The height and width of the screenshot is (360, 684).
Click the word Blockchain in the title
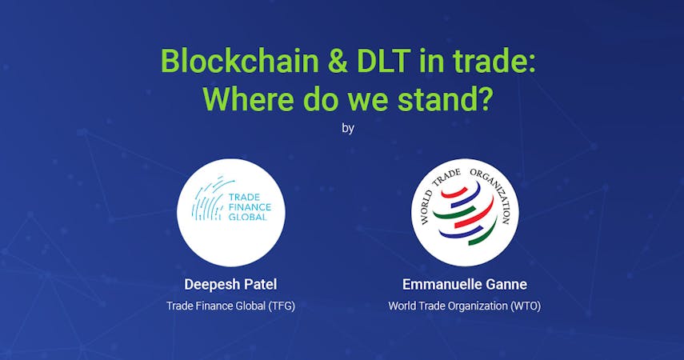point(240,60)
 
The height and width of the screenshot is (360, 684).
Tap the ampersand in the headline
point(338,61)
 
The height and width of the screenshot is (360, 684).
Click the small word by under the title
point(348,128)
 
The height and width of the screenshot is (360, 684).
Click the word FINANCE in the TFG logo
point(250,207)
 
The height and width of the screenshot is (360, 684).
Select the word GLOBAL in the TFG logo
point(247,217)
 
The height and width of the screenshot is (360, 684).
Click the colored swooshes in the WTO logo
point(465,213)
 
